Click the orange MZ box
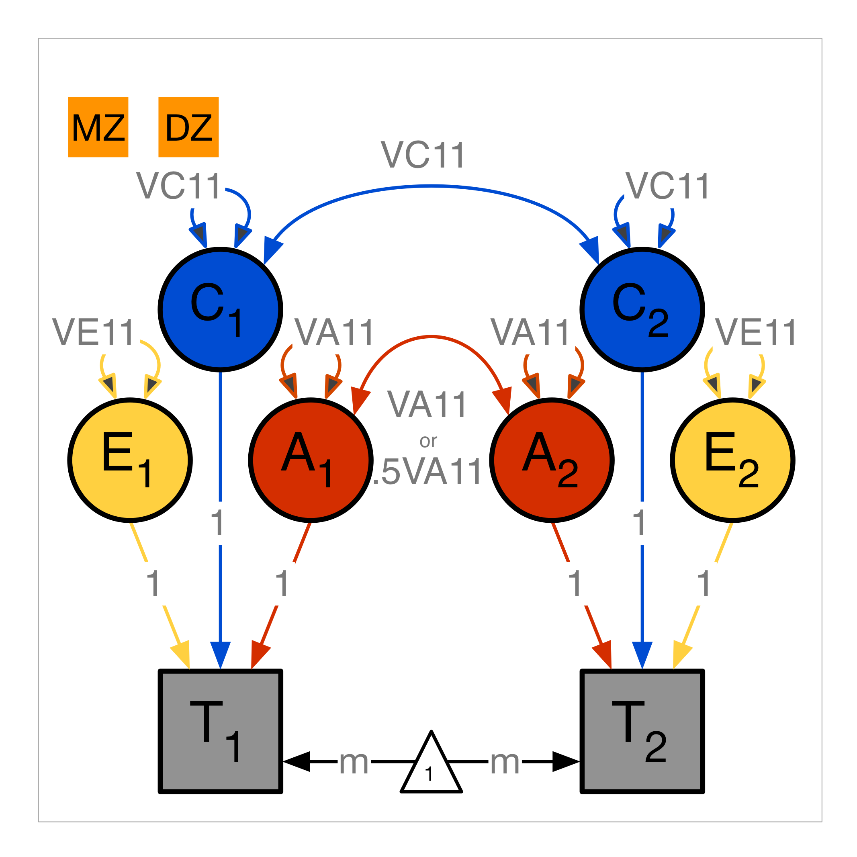[98, 127]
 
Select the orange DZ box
[188, 127]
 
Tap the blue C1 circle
[221, 309]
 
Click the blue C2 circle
[642, 309]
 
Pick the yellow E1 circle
[130, 460]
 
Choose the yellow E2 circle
[733, 460]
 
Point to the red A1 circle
[311, 460]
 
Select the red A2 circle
[552, 460]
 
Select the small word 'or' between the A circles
[428, 441]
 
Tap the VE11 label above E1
[93, 332]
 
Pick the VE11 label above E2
[756, 332]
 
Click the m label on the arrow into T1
[354, 762]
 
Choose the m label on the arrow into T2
[505, 762]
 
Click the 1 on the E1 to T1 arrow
[153, 584]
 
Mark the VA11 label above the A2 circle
[530, 332]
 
